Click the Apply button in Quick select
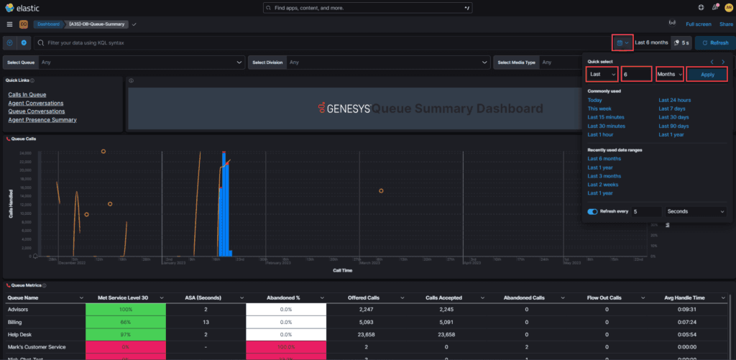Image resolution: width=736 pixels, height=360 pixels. pos(707,74)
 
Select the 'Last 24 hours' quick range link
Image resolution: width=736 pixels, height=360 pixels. pos(675,100)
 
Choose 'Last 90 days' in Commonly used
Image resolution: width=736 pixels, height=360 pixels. pos(673,126)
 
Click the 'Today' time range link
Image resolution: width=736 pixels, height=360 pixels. pos(594,100)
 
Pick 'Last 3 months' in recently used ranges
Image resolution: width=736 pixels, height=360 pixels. pos(604,176)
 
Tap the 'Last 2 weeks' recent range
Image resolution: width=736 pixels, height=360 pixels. pos(603,185)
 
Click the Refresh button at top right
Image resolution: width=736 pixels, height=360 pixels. pos(714,43)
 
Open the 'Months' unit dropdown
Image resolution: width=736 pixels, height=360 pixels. pos(669,74)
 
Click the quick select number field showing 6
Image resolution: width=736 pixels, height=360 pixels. pos(637,74)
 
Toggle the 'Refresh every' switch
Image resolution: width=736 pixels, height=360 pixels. pos(593,212)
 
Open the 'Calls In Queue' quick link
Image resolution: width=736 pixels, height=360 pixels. pos(27,95)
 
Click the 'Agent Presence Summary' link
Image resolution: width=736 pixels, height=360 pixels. pos(42,120)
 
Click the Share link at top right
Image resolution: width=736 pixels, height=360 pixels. pos(727,24)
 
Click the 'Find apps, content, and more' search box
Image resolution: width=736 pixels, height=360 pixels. pos(368,7)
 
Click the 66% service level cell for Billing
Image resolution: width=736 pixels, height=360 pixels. pos(126,321)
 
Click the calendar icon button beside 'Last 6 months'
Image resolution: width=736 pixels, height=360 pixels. pos(622,43)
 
